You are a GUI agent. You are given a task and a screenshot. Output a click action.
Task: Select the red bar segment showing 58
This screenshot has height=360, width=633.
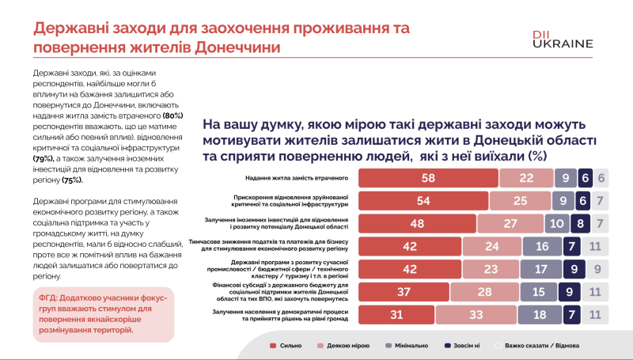(x=427, y=178)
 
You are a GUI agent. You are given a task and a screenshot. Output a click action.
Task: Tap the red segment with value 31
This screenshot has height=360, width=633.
(x=396, y=314)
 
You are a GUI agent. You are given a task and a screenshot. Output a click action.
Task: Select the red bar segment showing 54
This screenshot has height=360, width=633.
(x=423, y=201)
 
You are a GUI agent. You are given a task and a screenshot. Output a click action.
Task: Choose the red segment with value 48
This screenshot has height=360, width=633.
(x=417, y=223)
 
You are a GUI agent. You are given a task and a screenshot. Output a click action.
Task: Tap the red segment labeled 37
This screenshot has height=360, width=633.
(x=404, y=291)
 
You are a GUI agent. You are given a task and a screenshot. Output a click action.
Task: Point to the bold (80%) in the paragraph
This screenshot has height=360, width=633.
(x=172, y=116)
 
